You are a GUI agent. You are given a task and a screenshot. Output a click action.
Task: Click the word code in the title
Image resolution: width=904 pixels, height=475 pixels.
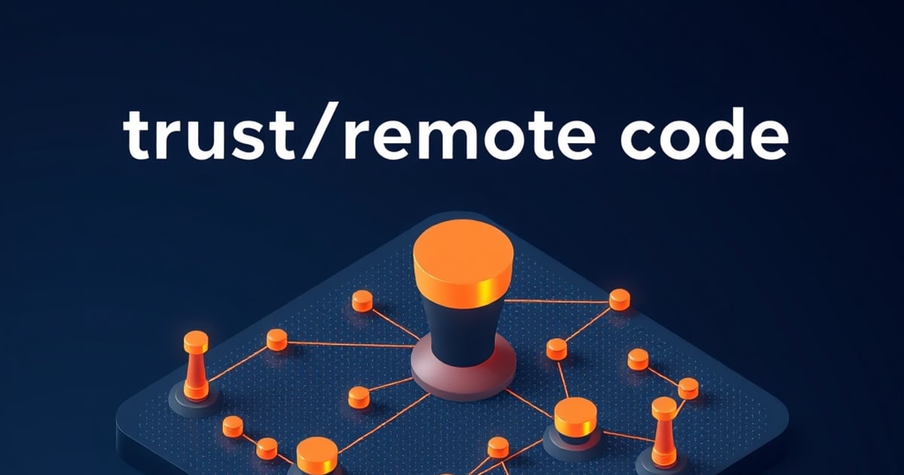tap(704, 133)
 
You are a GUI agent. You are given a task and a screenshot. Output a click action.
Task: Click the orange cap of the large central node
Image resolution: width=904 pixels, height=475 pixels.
tap(463, 259)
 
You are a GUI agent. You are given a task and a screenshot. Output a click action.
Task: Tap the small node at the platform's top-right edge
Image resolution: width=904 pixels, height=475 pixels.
tap(619, 299)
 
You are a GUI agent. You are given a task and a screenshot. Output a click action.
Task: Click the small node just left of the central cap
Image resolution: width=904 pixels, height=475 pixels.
tap(362, 301)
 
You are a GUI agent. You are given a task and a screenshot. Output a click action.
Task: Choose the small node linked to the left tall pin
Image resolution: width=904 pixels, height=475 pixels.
tap(277, 340)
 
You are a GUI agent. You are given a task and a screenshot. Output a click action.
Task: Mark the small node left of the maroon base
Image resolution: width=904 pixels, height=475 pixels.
tap(359, 397)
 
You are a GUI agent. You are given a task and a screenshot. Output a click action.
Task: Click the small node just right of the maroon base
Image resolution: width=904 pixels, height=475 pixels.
tap(557, 349)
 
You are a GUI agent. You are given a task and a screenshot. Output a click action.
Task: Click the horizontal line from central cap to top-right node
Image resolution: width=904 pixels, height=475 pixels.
tap(557, 302)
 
